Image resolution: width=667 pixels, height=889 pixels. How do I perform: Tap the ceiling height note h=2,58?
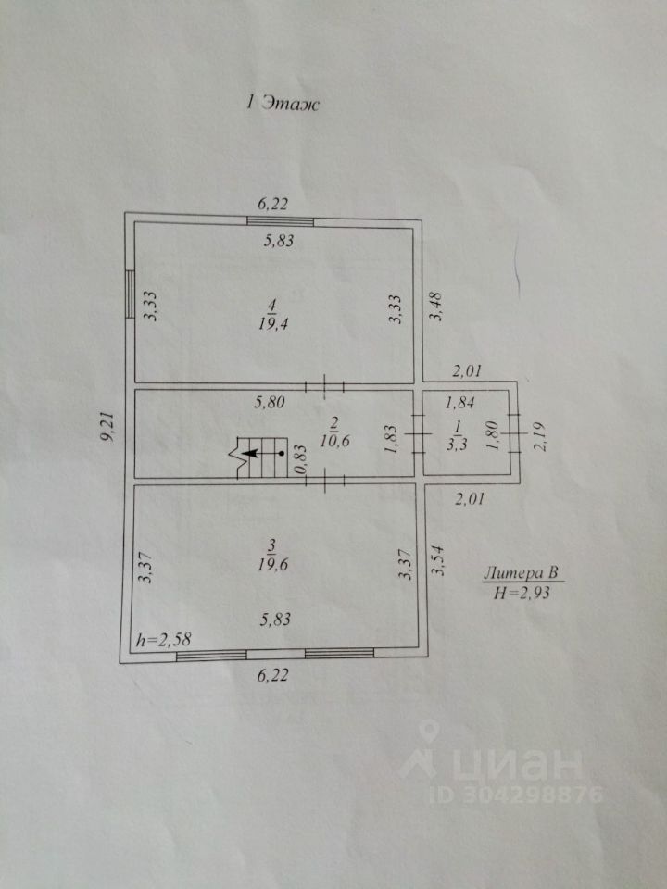point(164,640)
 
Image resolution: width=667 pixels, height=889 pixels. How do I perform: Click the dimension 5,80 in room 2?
point(271,403)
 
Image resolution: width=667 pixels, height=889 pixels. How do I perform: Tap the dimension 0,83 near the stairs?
point(301,460)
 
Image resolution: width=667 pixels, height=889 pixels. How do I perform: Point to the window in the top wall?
point(280,221)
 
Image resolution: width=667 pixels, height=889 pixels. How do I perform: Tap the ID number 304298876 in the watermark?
point(527,794)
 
